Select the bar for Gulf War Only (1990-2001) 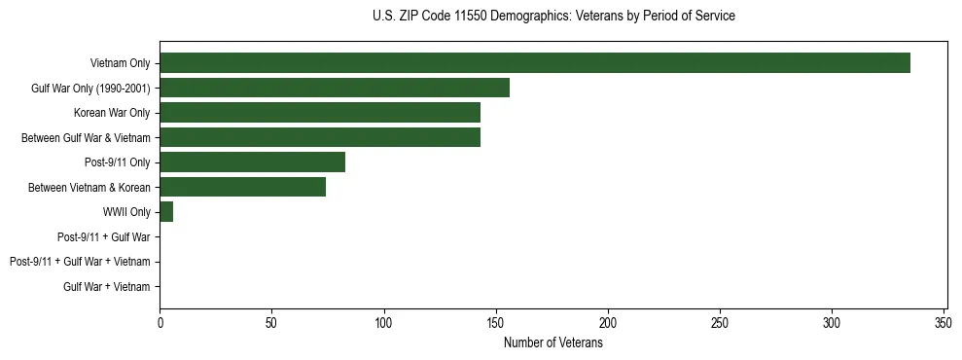point(335,89)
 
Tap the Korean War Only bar point(320,113)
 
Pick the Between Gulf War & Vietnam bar point(320,137)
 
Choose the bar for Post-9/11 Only point(253,162)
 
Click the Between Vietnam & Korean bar point(243,187)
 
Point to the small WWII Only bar point(166,212)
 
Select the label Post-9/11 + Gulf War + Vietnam point(80,262)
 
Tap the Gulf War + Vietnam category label point(107,287)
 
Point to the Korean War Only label point(113,113)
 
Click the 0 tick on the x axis point(160,322)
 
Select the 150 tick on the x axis point(496,322)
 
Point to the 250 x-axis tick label point(720,322)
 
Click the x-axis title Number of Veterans point(553,342)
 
